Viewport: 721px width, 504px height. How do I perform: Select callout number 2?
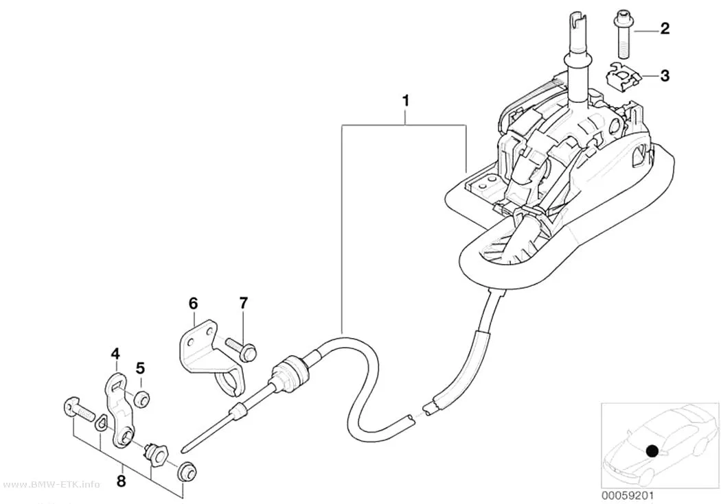(x=665, y=29)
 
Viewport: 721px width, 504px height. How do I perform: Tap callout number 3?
(x=665, y=75)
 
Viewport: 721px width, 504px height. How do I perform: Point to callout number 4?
(x=115, y=353)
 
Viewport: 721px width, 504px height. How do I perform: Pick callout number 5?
(x=140, y=368)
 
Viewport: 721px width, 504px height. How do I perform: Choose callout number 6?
(x=193, y=303)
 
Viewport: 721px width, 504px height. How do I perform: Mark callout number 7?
(x=243, y=303)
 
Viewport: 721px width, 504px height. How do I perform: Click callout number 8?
(x=122, y=481)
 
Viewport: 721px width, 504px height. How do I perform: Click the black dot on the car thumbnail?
(x=651, y=451)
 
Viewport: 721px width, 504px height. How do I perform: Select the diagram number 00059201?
(x=627, y=495)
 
